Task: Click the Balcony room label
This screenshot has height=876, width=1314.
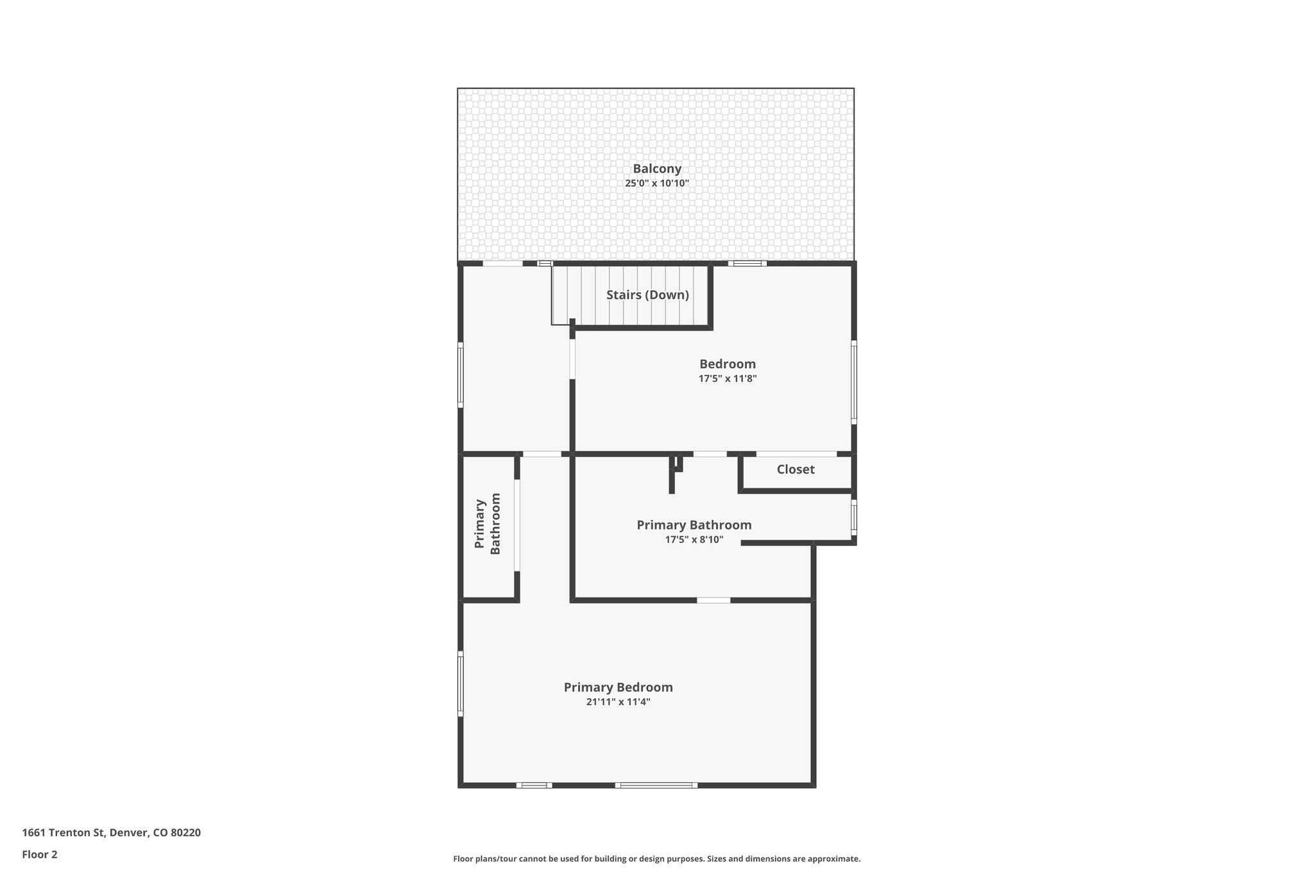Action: [x=657, y=169]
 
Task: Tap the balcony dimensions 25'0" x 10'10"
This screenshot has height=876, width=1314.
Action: [x=657, y=184]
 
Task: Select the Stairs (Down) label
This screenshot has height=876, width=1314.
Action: [x=647, y=295]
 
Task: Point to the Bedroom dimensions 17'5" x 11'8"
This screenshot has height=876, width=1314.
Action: [x=728, y=379]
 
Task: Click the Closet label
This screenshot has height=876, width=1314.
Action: [x=796, y=469]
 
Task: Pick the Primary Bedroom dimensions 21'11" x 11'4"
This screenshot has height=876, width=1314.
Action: [x=618, y=702]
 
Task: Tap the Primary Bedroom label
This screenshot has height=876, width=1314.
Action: [x=618, y=687]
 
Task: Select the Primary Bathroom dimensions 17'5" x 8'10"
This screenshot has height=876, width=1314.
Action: [x=694, y=540]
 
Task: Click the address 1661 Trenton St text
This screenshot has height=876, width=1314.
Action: [x=111, y=833]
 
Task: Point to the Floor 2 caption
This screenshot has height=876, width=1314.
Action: [x=40, y=854]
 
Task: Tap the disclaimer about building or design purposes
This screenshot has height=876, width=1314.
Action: [x=656, y=859]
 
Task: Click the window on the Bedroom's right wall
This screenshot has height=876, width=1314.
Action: [x=854, y=382]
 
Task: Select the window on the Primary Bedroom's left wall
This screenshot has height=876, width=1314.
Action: [x=460, y=683]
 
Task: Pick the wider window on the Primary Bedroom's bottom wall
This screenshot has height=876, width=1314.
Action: [x=656, y=785]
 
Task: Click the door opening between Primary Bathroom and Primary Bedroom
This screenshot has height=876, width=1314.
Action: [x=713, y=601]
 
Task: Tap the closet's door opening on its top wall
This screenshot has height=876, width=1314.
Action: [x=796, y=454]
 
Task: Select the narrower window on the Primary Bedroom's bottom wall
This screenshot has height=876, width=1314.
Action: [x=534, y=785]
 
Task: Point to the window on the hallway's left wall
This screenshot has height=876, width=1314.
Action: [x=460, y=375]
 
